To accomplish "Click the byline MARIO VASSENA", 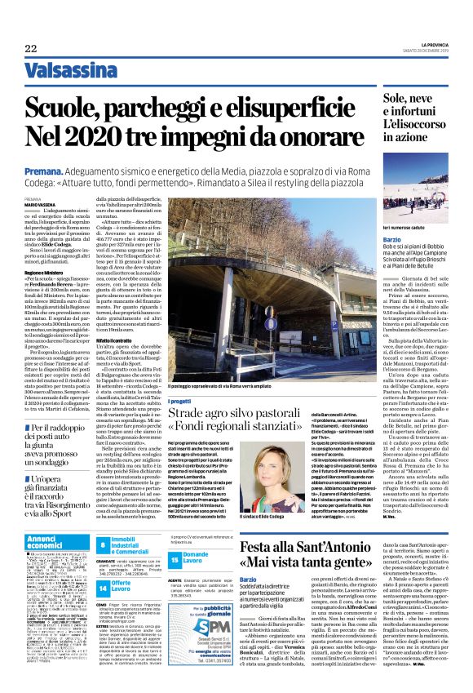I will pos(40,204).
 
